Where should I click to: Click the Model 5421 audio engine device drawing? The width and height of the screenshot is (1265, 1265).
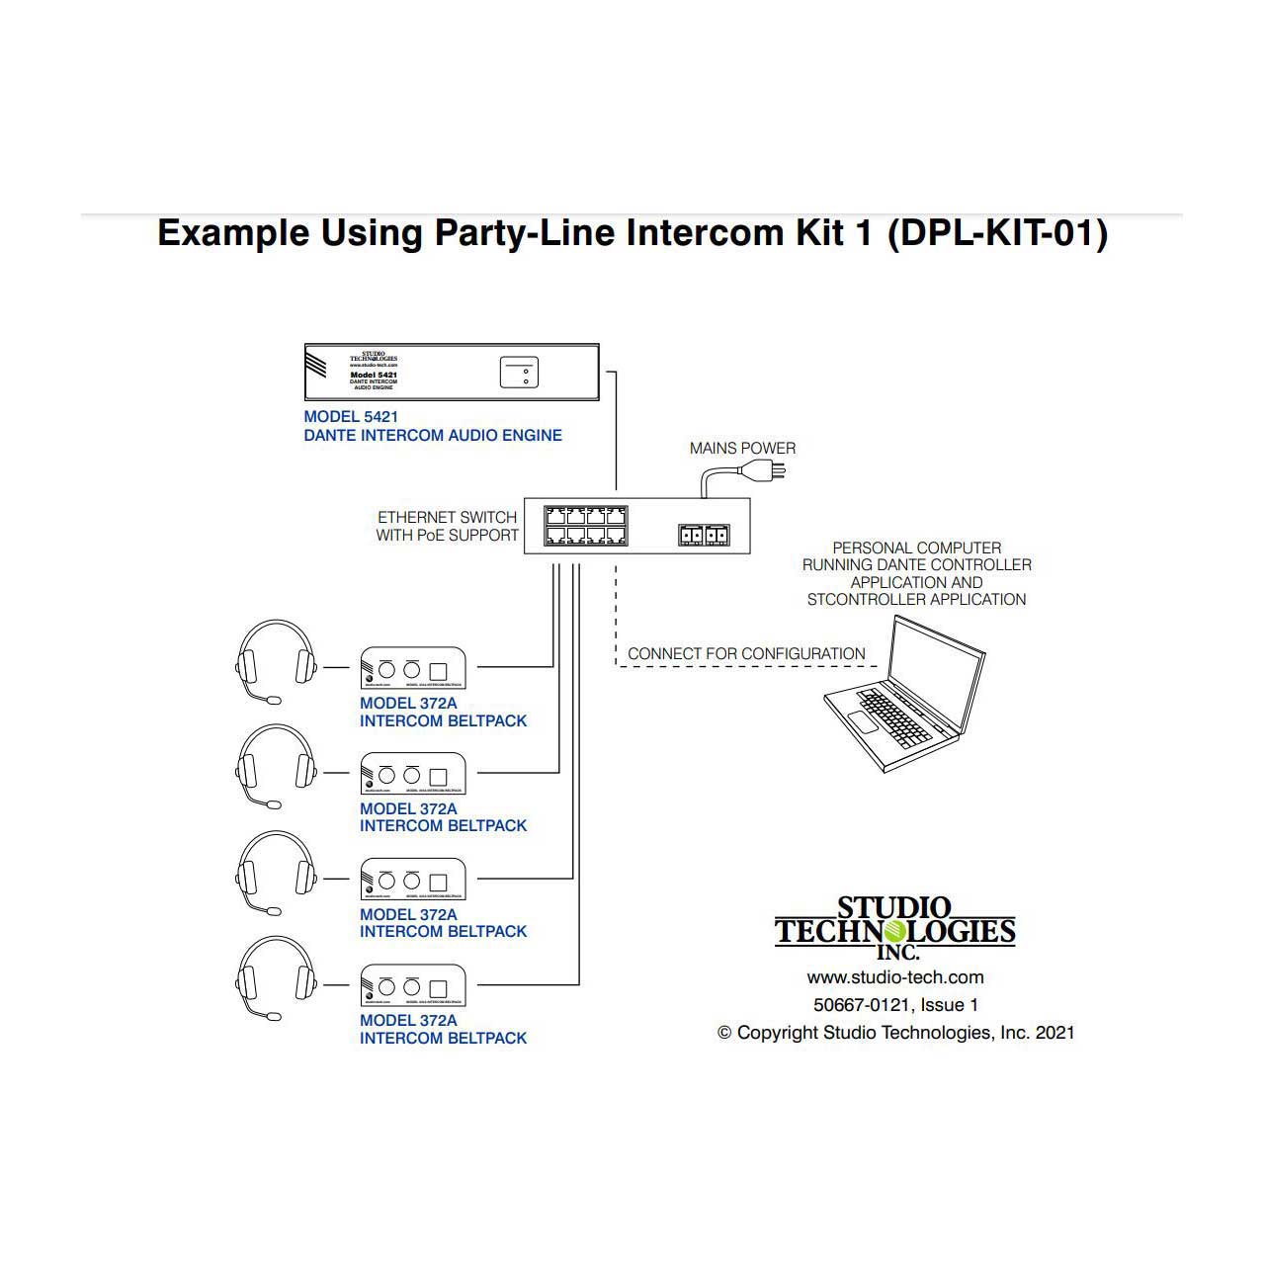point(451,372)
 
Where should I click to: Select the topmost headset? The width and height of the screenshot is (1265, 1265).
point(276,659)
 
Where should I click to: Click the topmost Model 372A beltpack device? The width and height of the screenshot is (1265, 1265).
point(413,668)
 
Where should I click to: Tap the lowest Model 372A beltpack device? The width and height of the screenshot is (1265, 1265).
point(413,985)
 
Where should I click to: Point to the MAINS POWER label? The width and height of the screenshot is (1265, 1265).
point(742,449)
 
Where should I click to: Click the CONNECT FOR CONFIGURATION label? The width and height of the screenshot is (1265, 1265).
point(746,653)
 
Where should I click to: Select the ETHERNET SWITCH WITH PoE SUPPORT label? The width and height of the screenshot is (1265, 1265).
point(448,526)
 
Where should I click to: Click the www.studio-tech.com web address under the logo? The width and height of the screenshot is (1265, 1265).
point(895,977)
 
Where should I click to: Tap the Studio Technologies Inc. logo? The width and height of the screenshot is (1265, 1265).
point(895,928)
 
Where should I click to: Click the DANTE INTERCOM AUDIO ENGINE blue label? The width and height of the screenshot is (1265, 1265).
point(433,435)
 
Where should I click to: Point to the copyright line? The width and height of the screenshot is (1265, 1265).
point(895,1033)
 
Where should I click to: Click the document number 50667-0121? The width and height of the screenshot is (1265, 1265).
point(861,1005)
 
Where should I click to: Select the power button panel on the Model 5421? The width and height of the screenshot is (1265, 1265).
point(519,372)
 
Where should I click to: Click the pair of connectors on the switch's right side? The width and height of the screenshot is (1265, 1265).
point(704,535)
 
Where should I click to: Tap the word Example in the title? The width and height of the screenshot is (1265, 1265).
point(233,233)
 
